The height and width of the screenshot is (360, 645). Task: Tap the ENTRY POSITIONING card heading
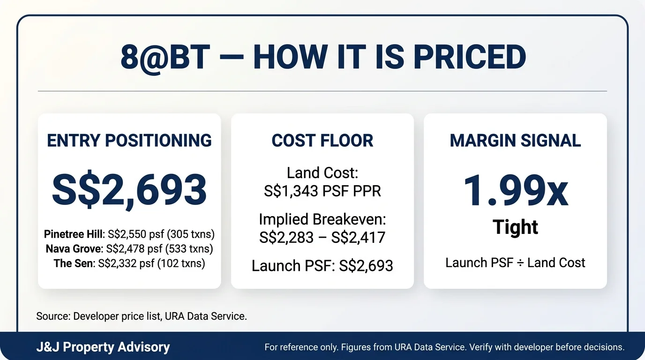tap(129, 140)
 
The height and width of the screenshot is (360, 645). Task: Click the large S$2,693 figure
tap(129, 190)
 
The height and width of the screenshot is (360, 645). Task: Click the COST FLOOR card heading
tap(322, 140)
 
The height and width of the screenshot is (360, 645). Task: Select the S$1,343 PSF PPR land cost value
tap(322, 191)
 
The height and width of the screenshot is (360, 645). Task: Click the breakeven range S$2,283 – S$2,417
tap(322, 237)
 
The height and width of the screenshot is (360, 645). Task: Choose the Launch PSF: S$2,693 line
tap(322, 266)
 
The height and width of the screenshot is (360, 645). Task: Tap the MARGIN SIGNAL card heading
tap(515, 140)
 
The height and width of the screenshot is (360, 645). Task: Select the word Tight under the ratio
tap(515, 227)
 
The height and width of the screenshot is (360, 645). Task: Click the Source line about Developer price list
tap(142, 316)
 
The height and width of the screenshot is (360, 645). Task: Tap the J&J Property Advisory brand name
tap(103, 347)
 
